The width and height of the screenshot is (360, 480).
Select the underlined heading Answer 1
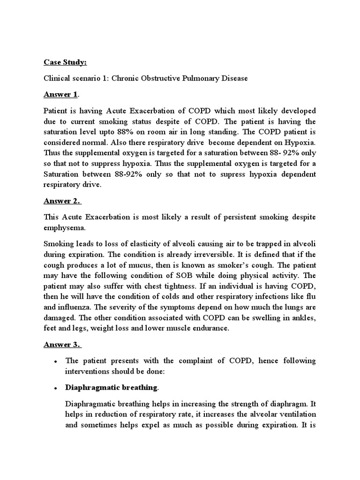pyautogui.click(x=61, y=94)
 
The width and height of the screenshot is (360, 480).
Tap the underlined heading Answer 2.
pyautogui.click(x=62, y=201)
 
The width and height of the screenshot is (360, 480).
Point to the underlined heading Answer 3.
pyautogui.click(x=62, y=345)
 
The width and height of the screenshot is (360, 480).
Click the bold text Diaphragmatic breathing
pyautogui.click(x=111, y=387)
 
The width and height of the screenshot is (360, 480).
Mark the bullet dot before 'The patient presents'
pyautogui.click(x=56, y=362)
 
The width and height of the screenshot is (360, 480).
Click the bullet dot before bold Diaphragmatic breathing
pyautogui.click(x=56, y=388)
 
